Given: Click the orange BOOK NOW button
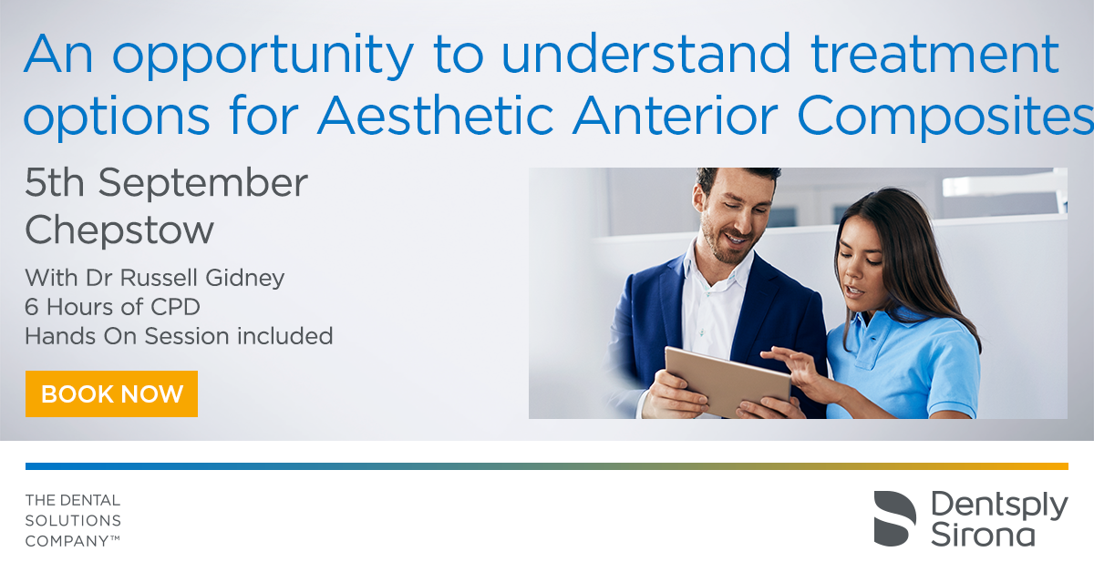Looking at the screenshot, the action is click(x=111, y=393).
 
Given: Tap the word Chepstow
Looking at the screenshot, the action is click(x=119, y=230).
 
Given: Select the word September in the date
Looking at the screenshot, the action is click(x=202, y=183).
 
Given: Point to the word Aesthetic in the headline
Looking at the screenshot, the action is click(x=436, y=115).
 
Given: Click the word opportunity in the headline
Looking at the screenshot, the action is click(x=263, y=56).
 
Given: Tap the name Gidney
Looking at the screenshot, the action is click(x=244, y=279).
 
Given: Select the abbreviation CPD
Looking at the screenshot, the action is click(x=175, y=308).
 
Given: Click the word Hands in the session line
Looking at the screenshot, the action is click(x=60, y=336).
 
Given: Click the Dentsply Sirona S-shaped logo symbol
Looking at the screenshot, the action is click(x=894, y=518).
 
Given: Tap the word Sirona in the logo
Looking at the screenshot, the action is click(x=983, y=535).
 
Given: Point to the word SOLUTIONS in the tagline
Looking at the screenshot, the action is click(x=73, y=521).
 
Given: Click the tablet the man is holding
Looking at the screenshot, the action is click(x=728, y=381).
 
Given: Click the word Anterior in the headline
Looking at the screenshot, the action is click(x=676, y=115).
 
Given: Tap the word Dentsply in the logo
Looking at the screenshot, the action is click(x=999, y=506).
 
